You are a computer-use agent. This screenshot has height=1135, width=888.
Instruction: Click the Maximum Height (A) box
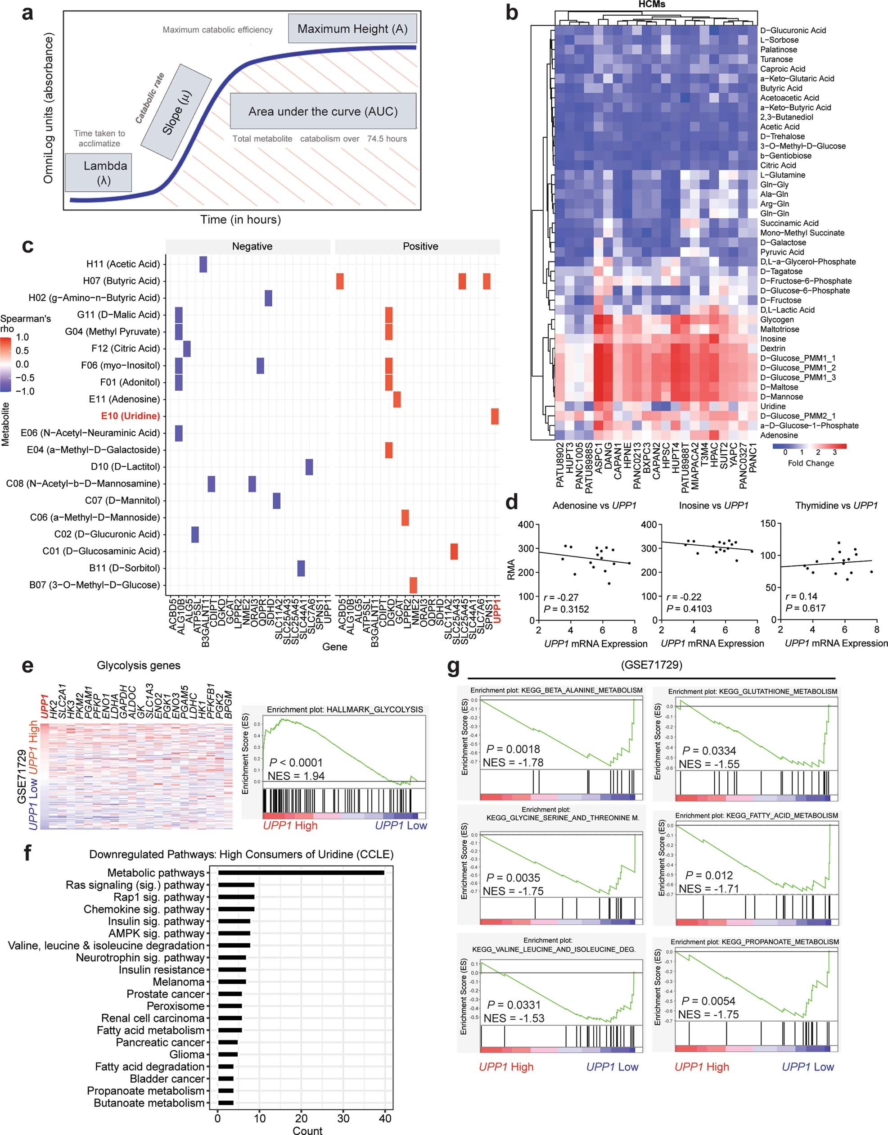(352, 29)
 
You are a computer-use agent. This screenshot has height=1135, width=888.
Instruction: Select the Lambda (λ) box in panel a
(99, 172)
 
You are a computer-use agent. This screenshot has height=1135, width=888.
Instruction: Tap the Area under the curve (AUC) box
(323, 111)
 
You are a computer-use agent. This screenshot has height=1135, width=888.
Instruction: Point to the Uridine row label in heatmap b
(773, 406)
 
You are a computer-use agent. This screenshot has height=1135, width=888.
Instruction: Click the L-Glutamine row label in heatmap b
(783, 175)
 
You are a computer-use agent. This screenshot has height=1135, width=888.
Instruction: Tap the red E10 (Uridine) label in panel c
(130, 416)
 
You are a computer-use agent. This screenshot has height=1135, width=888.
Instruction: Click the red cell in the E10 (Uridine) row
(495, 416)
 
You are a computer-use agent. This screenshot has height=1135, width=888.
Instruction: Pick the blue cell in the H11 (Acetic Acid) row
(203, 264)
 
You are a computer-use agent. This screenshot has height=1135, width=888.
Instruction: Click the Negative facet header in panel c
(252, 246)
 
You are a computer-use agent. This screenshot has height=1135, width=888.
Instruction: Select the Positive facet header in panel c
(420, 246)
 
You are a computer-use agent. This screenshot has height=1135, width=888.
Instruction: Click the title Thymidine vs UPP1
(836, 505)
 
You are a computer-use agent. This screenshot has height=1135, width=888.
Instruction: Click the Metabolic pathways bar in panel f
(301, 873)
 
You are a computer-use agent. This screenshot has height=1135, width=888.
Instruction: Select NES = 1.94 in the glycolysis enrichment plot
(296, 776)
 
